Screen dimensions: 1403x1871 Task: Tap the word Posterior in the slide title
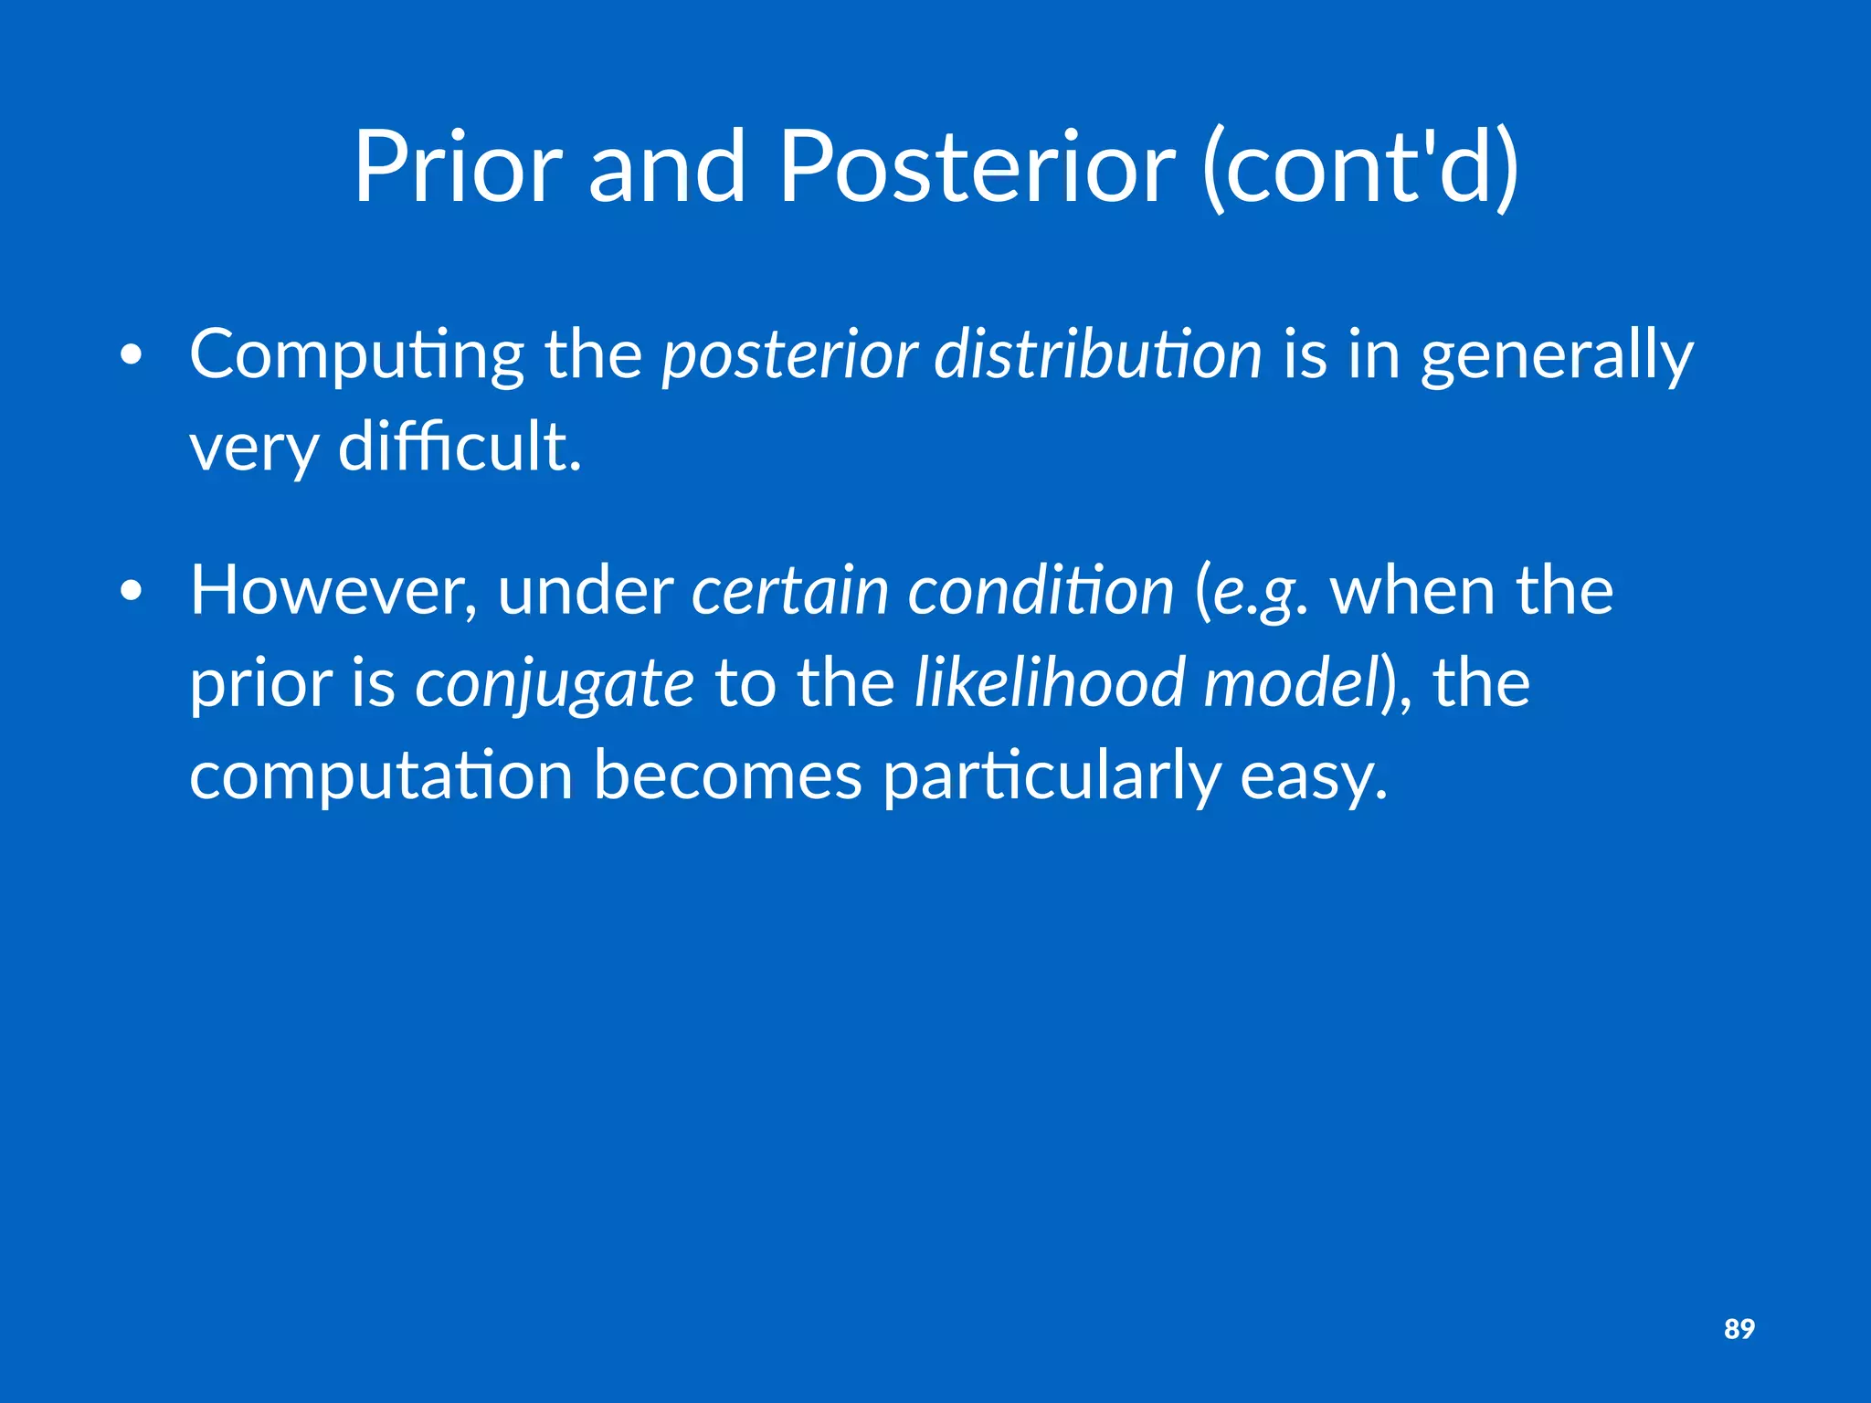click(x=976, y=166)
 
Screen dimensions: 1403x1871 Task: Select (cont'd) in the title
click(x=1361, y=166)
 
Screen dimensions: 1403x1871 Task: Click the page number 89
click(x=1739, y=1328)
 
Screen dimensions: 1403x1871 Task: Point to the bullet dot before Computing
click(x=132, y=357)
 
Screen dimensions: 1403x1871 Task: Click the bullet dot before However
click(x=132, y=593)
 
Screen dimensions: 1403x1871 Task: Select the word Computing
click(x=356, y=354)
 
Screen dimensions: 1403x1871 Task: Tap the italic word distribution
click(x=1097, y=354)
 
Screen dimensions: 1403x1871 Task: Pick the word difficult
click(x=459, y=447)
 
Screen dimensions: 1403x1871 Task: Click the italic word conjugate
click(x=554, y=684)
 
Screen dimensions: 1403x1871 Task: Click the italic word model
click(x=1290, y=682)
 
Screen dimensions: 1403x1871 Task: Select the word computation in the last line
click(x=381, y=775)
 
